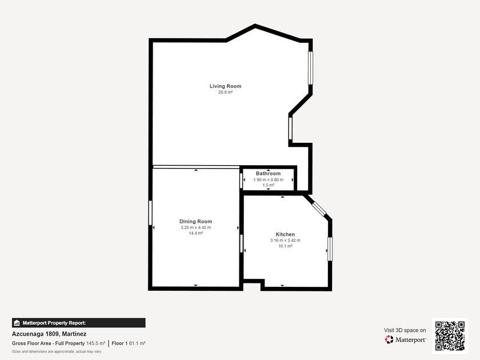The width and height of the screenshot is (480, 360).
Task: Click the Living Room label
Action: [x=225, y=86]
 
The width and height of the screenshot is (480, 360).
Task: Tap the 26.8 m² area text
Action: [x=225, y=92]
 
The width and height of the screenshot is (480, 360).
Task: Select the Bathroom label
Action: [x=268, y=173]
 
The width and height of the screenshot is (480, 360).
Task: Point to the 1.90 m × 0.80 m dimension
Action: [x=269, y=179]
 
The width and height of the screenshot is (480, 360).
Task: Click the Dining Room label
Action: [x=195, y=221]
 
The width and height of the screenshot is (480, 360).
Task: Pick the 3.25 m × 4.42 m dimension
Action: [x=195, y=227]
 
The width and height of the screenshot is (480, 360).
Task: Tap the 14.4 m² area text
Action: [x=195, y=233]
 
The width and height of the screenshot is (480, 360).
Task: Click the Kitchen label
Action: [x=285, y=234]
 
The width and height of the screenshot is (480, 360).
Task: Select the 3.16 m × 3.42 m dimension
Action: [x=285, y=241]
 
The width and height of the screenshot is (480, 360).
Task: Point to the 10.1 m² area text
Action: [x=285, y=246]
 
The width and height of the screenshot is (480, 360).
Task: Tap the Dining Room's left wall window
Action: [x=150, y=213]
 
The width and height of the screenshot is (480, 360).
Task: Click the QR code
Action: [x=450, y=336]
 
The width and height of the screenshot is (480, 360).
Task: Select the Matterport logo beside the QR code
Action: [x=405, y=339]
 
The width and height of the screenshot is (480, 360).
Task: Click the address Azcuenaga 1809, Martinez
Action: [x=49, y=334]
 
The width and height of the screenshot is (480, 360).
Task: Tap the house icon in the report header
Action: [x=17, y=323]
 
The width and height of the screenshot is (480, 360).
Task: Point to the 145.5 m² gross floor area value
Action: [x=95, y=343]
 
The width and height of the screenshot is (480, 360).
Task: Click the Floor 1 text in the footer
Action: [x=119, y=343]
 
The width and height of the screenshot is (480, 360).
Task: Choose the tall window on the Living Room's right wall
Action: [x=310, y=67]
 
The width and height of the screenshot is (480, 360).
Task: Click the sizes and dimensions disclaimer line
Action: [x=57, y=352]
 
